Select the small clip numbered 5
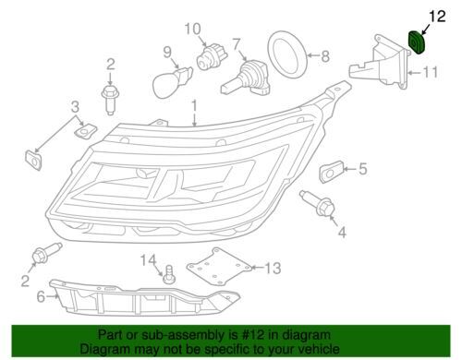(x=331, y=171)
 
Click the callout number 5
(x=362, y=168)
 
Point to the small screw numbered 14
(x=171, y=272)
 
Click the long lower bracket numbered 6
(x=148, y=298)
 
